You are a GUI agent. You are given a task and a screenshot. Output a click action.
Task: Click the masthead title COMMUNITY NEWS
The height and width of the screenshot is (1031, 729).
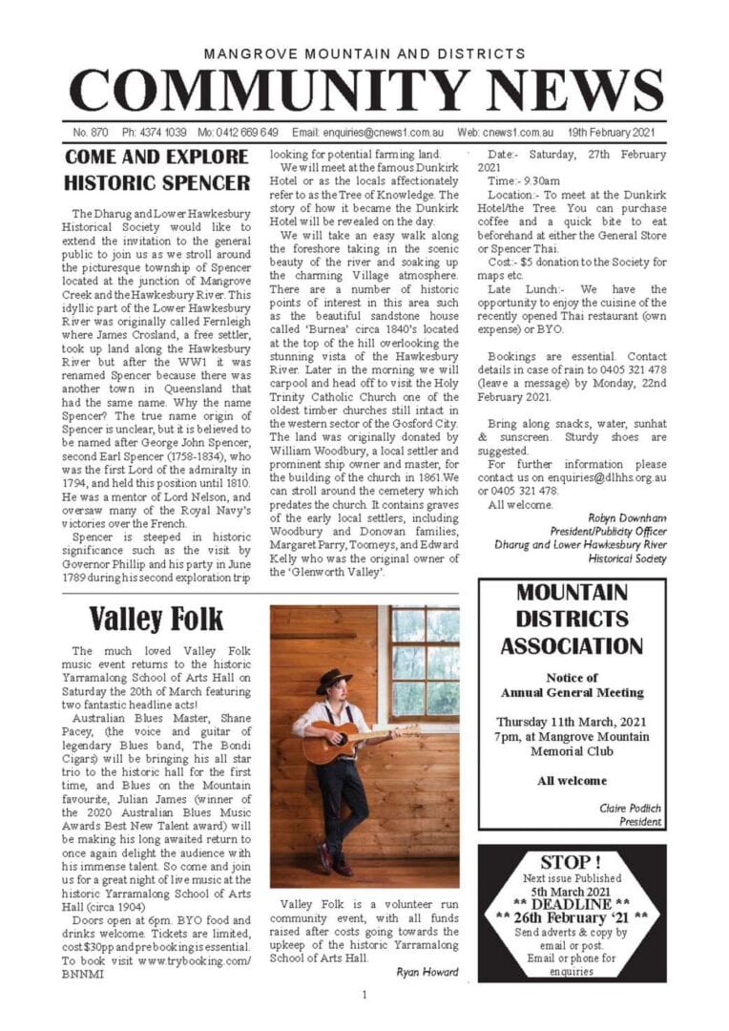click(364, 93)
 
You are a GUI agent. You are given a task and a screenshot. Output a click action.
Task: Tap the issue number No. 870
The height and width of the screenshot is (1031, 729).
click(90, 132)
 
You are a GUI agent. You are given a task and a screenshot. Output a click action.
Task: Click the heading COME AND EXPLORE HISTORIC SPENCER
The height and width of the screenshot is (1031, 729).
click(156, 169)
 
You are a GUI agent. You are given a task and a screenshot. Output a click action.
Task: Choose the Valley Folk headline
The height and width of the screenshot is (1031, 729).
click(156, 619)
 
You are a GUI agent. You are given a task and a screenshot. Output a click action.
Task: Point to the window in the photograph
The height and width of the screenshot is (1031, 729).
click(423, 663)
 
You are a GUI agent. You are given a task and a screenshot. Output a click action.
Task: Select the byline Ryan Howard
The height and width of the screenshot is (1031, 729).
click(425, 972)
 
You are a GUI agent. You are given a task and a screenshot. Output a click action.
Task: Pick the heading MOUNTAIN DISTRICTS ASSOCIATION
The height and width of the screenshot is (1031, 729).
click(572, 619)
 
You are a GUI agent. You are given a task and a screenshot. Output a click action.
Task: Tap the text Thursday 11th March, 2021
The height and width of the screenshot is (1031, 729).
click(572, 720)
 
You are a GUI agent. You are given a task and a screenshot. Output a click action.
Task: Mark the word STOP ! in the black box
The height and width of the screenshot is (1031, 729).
click(572, 862)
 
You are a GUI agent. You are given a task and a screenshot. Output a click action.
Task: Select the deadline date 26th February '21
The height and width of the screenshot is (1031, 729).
click(572, 917)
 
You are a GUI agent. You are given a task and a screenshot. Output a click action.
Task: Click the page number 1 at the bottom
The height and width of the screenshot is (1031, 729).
click(364, 996)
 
